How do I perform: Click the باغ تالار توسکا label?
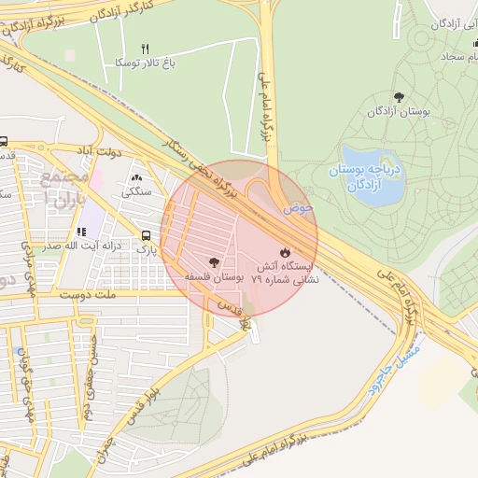[145, 63]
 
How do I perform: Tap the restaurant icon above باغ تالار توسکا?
[145, 48]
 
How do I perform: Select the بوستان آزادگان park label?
[399, 112]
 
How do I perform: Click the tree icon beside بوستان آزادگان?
[399, 97]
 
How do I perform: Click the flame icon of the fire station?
[285, 252]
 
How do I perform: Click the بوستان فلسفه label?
[214, 277]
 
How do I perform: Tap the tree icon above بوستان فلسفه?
[214, 262]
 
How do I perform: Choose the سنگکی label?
[137, 193]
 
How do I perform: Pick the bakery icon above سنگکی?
[137, 177]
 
